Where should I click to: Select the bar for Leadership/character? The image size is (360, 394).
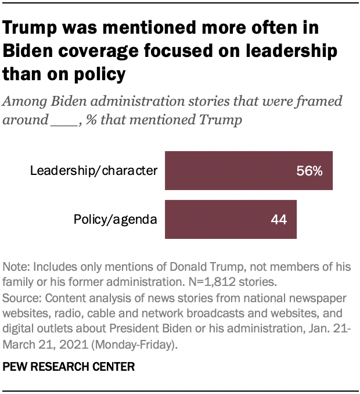click(x=249, y=170)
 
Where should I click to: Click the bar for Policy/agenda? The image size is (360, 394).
click(x=231, y=219)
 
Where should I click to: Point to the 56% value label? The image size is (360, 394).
click(x=309, y=171)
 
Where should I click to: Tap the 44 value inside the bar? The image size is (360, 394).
click(x=279, y=220)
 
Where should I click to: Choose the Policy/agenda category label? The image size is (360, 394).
click(x=116, y=220)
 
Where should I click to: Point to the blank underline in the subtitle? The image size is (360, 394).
click(x=63, y=120)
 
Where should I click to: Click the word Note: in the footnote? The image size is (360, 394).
click(x=17, y=267)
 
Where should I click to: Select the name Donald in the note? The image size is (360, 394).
click(x=197, y=267)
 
